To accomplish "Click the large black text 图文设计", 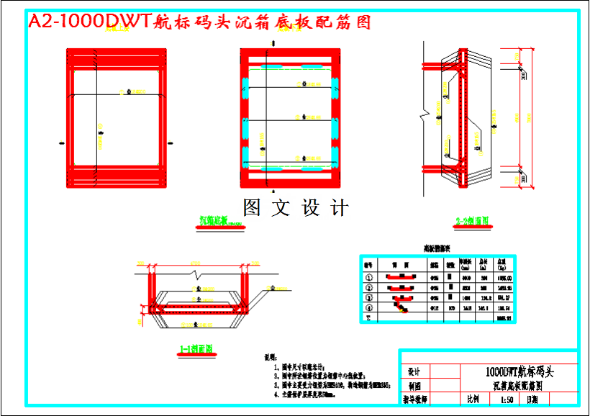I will coord(296,209).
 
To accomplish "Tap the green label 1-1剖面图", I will coord(196,349).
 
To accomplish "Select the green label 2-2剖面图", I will coord(472,221).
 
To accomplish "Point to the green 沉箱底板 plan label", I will coord(222,222).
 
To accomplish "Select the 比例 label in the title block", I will coord(472,399).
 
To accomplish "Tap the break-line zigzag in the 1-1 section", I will coord(196,274).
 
